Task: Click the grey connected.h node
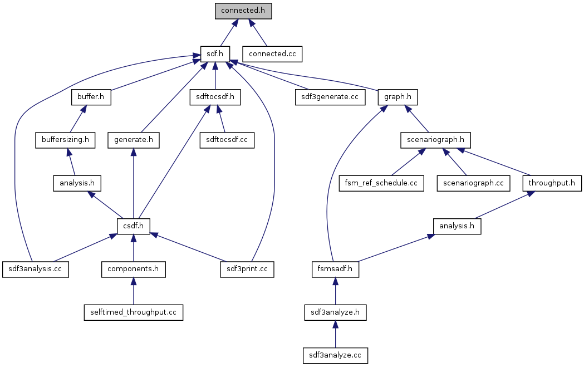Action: coord(243,11)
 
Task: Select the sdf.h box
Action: coord(215,54)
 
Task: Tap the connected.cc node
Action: coord(272,54)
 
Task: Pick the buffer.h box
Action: coord(91,97)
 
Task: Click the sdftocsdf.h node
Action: coord(215,97)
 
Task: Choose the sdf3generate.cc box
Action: coord(330,97)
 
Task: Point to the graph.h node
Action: coord(398,97)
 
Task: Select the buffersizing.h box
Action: coord(65,140)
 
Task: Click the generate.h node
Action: coord(133,140)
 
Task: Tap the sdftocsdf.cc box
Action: coord(227,140)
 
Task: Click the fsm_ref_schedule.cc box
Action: coord(381,183)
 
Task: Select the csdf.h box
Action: coord(134,226)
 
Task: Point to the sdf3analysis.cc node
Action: coord(35,269)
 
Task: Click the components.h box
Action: coord(134,269)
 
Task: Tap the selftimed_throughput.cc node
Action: coord(133,312)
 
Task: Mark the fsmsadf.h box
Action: coord(335,269)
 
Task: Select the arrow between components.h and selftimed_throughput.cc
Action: coord(133,290)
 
